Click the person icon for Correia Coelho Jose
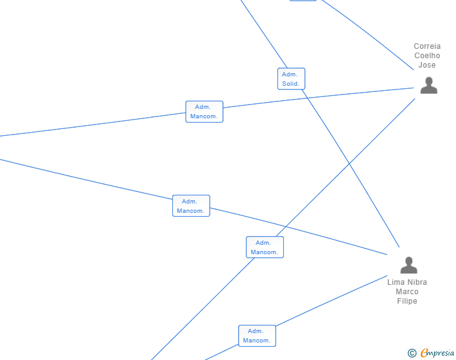(x=428, y=85)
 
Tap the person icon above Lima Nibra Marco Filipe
(x=408, y=265)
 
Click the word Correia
(x=427, y=46)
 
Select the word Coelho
(x=427, y=56)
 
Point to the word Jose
(x=427, y=65)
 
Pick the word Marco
(x=407, y=292)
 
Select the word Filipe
(x=407, y=301)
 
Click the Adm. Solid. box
(x=291, y=79)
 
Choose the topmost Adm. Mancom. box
(x=204, y=111)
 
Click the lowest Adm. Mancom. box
(x=257, y=336)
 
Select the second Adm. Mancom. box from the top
(x=191, y=206)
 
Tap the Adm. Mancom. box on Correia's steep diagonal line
(x=264, y=247)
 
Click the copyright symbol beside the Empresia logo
(x=412, y=353)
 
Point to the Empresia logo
(x=437, y=353)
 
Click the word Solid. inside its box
(x=291, y=84)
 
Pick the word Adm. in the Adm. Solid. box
(x=289, y=75)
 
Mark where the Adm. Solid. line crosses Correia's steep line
(x=348, y=165)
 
